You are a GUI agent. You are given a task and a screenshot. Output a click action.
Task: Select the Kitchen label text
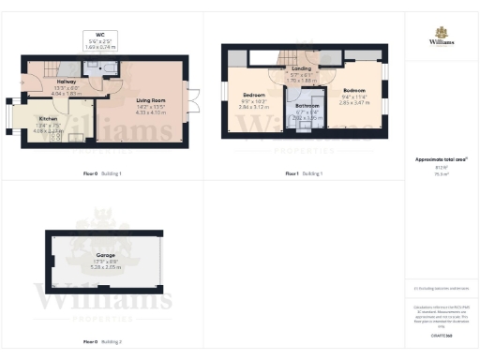48,119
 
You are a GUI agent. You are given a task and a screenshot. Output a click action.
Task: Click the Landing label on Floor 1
301,68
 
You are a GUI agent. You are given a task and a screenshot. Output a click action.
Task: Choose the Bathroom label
307,106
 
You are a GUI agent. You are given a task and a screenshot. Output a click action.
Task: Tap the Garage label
104,254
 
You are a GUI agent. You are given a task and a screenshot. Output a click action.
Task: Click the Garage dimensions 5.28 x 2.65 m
104,267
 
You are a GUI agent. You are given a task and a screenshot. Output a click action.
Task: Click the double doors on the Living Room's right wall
194,96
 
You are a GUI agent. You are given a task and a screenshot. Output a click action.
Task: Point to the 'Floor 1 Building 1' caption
304,174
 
